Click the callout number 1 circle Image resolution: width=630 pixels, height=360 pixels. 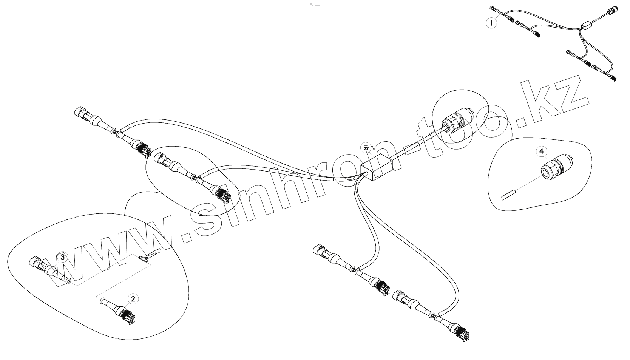[x=491, y=23]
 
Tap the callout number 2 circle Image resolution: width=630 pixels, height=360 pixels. [x=133, y=299]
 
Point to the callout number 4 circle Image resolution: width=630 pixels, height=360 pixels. [x=541, y=151]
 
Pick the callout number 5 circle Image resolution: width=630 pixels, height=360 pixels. [x=365, y=147]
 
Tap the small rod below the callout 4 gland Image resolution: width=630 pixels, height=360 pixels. [x=508, y=195]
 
